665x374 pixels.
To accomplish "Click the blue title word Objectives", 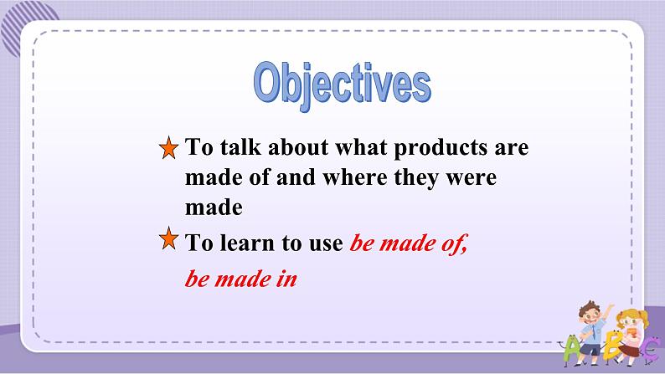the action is coord(343,85).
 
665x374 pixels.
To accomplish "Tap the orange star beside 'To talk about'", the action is coord(169,148).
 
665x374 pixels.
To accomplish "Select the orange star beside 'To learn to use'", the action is coord(169,238).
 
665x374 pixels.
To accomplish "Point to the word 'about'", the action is coord(298,147).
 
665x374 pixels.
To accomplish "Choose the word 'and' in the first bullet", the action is coord(296,177).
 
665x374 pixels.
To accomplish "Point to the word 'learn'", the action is coord(247,243).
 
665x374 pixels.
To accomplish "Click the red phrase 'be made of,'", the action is coord(409,243).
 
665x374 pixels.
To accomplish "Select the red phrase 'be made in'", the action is coord(241,279).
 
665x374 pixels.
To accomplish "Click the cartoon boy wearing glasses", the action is coord(590,330).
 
